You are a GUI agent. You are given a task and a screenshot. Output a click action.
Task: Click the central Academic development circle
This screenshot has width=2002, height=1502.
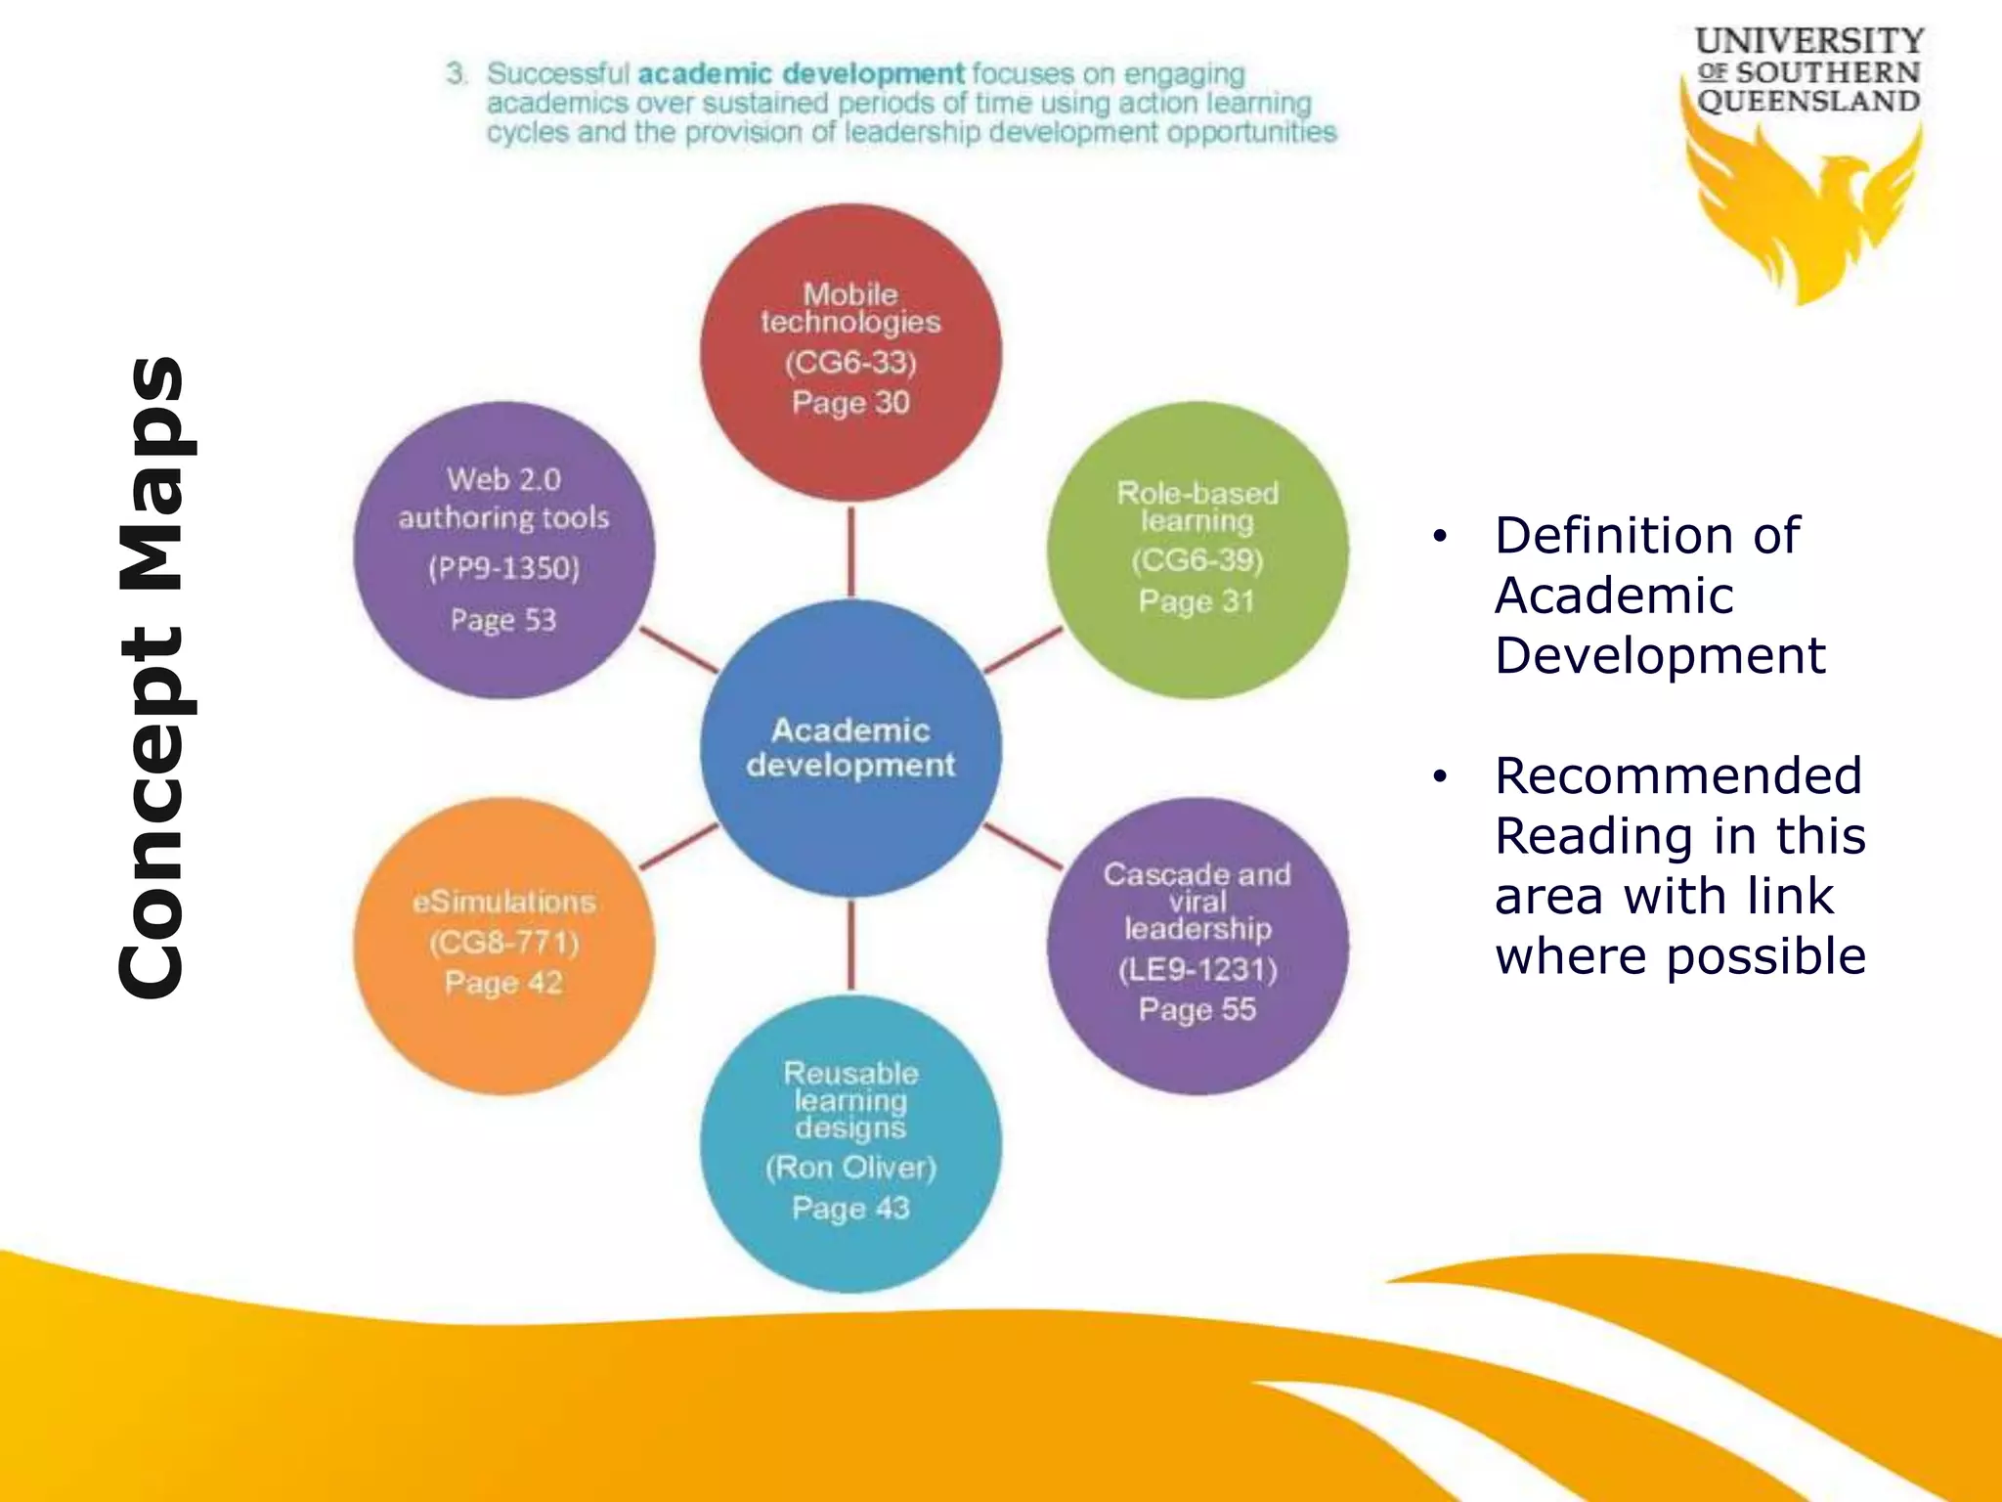850,748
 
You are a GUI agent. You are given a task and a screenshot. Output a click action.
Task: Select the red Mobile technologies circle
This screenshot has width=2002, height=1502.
850,352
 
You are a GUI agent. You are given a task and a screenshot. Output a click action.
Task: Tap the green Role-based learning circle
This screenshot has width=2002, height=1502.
1197,550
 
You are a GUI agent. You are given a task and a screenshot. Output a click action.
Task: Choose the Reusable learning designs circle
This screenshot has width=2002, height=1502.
850,1144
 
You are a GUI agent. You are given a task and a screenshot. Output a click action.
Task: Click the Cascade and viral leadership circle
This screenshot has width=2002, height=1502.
1197,946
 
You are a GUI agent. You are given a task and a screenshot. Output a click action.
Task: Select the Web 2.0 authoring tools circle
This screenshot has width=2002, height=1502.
503,550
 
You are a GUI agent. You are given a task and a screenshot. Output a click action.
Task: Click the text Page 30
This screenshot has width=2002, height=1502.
850,403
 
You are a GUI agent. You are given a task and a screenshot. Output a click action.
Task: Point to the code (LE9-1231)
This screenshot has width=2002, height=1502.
1197,970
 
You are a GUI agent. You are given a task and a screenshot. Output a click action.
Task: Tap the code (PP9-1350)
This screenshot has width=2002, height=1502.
503,568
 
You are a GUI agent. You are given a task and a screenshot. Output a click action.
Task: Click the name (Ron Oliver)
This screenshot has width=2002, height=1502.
850,1168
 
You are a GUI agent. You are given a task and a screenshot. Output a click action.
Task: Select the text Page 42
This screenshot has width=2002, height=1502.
503,983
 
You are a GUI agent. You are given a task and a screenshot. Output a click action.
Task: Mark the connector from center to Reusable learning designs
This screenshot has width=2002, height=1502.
850,945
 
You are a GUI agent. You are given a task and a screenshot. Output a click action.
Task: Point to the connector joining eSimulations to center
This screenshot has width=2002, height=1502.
678,847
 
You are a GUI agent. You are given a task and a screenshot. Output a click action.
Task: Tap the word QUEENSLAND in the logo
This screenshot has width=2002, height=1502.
1808,102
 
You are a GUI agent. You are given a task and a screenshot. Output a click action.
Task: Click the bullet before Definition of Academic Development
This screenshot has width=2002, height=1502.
1439,537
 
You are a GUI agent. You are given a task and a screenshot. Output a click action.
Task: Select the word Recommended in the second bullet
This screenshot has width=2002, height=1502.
1677,776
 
